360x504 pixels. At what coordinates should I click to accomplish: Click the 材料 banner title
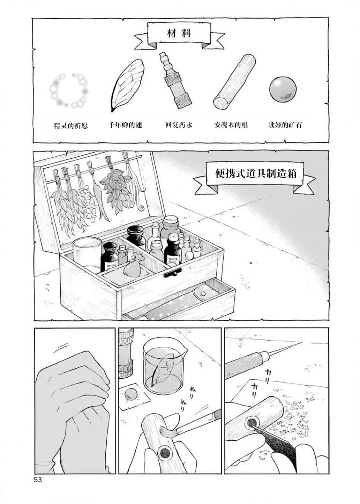coord(179,33)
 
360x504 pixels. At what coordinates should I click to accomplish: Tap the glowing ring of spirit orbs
coord(68,90)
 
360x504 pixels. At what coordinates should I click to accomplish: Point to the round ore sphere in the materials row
coord(282,90)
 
